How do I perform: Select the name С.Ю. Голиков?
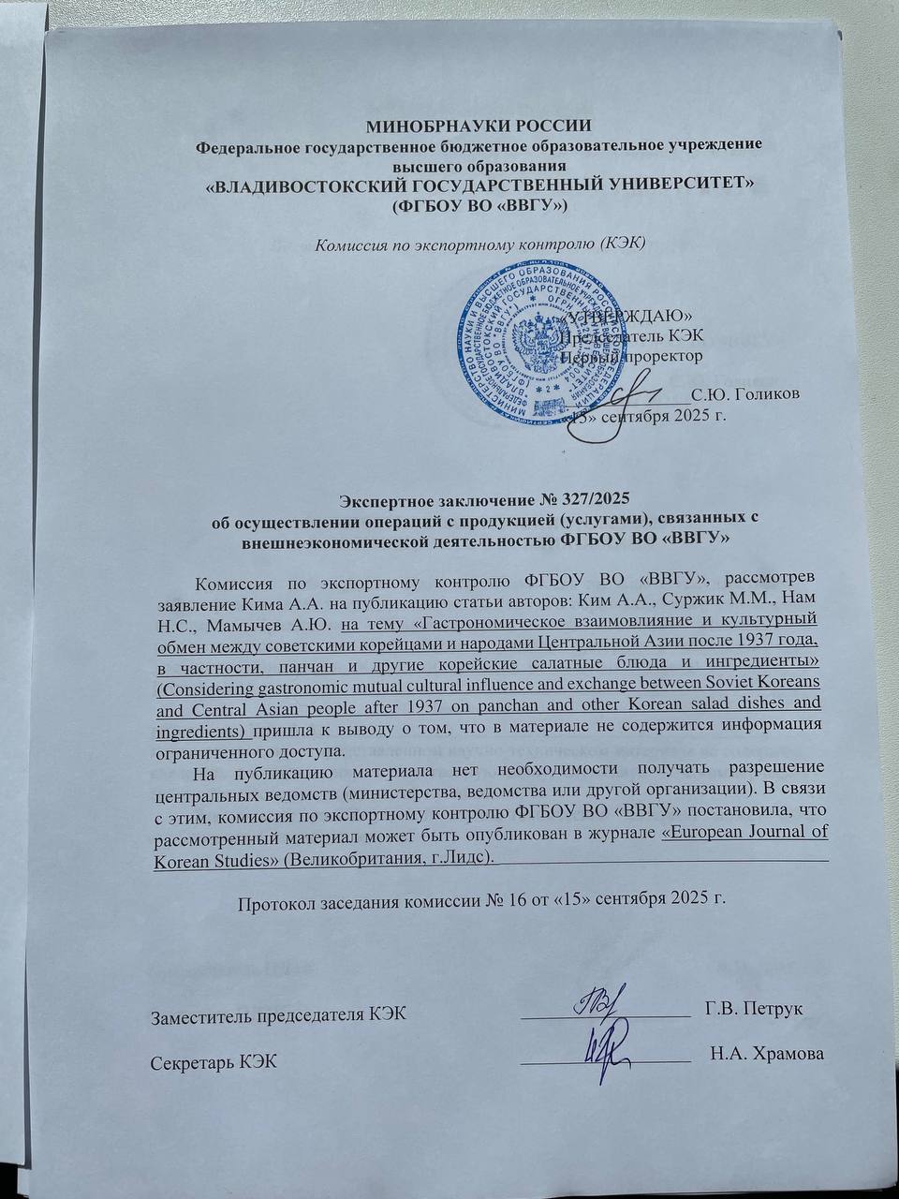(x=744, y=394)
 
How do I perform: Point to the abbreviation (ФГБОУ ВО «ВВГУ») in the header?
(x=479, y=203)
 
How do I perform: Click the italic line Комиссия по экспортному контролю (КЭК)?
(x=479, y=244)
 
